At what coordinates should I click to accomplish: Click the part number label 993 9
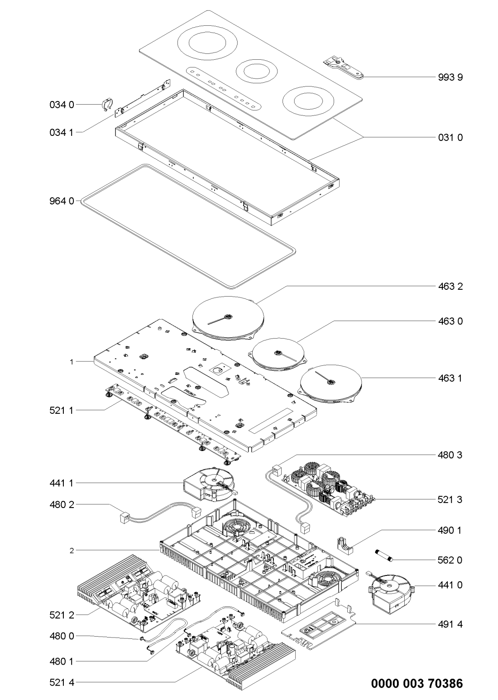coord(450,77)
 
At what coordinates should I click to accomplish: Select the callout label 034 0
coord(61,104)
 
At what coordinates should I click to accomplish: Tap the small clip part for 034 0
coord(106,104)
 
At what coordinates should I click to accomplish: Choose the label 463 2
coord(450,286)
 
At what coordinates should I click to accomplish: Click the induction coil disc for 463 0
coord(278,355)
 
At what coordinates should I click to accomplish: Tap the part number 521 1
coord(61,410)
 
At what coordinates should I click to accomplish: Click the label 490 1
coord(450,529)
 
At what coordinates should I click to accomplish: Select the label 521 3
coord(450,499)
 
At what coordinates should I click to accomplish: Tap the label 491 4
coord(450,624)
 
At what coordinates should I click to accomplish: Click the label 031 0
coord(450,137)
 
